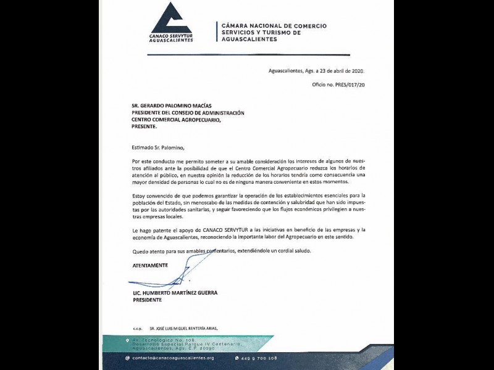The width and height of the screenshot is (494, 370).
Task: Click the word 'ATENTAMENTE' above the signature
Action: tap(150, 265)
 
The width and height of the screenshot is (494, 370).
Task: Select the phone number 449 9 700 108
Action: tap(259, 358)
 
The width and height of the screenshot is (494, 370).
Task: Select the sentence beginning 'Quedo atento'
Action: tap(222, 251)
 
